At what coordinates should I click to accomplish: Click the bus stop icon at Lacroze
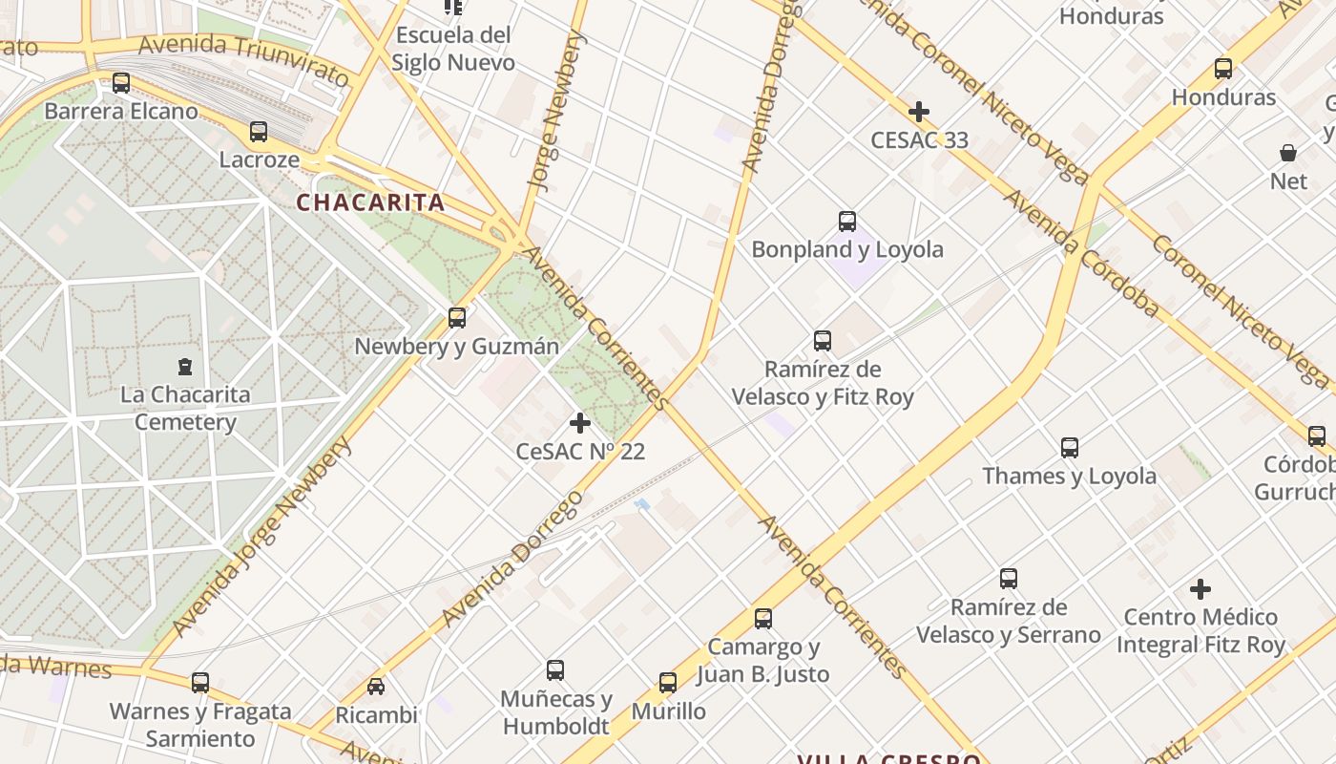[x=259, y=132]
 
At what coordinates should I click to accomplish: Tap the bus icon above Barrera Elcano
[x=121, y=83]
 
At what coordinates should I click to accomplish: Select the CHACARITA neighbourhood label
[x=370, y=202]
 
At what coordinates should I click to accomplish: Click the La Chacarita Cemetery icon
[x=185, y=366]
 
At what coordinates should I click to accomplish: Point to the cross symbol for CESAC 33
[x=919, y=112]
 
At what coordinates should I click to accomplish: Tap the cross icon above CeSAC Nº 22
[x=579, y=422]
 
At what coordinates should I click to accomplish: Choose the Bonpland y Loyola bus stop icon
[x=847, y=222]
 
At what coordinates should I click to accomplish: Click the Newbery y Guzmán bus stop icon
[x=457, y=318]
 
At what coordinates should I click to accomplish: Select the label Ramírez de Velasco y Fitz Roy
[x=823, y=383]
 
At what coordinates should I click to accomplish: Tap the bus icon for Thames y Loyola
[x=1070, y=448]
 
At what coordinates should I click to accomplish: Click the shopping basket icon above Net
[x=1288, y=153]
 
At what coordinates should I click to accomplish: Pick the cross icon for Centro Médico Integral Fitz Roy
[x=1200, y=589]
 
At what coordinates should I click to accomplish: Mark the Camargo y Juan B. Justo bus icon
[x=763, y=619]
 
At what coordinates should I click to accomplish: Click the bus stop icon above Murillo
[x=668, y=683]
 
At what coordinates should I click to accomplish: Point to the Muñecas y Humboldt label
[x=555, y=712]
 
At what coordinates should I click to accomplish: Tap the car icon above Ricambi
[x=376, y=687]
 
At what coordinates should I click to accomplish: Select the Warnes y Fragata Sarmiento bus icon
[x=200, y=683]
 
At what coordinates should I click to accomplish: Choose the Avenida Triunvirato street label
[x=244, y=56]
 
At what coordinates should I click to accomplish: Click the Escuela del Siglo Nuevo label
[x=454, y=49]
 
